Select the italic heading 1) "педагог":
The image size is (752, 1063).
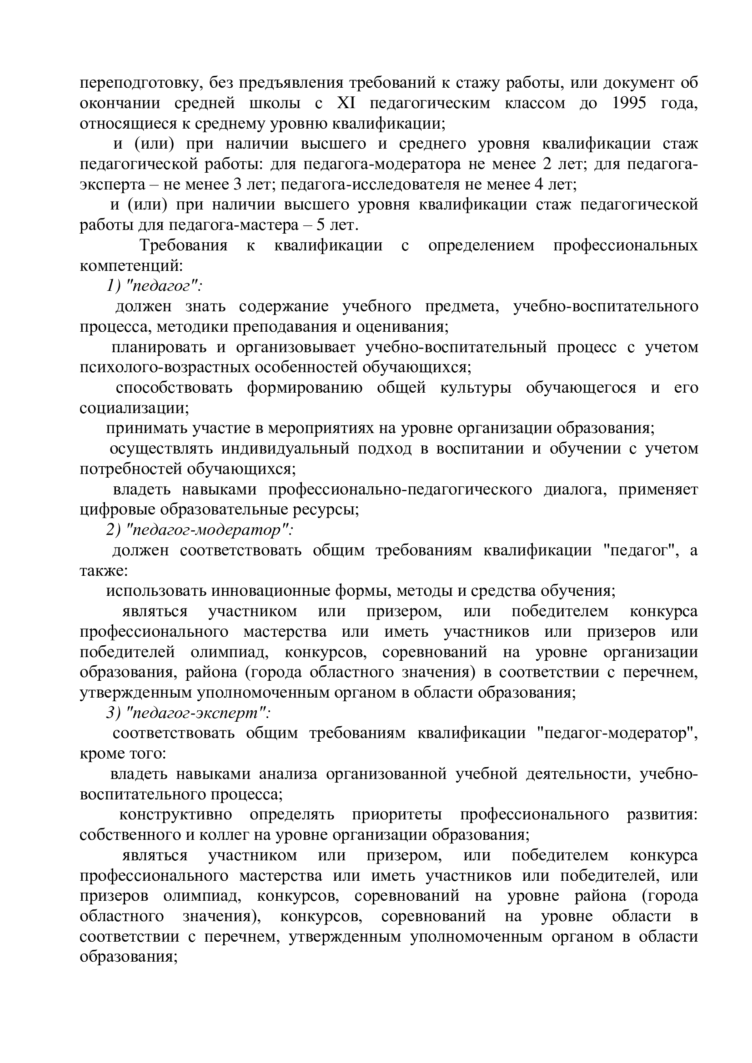154,287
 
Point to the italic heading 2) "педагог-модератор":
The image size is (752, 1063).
200,530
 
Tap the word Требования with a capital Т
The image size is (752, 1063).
184,246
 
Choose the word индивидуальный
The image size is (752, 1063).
285,449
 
